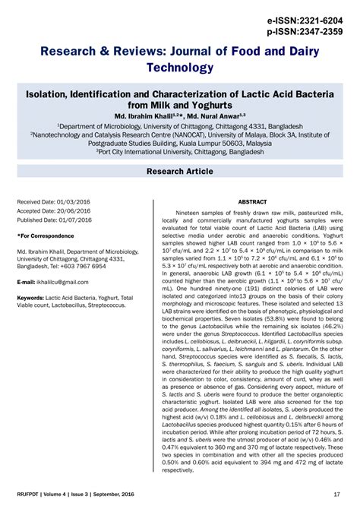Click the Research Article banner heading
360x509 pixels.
point(180,172)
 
